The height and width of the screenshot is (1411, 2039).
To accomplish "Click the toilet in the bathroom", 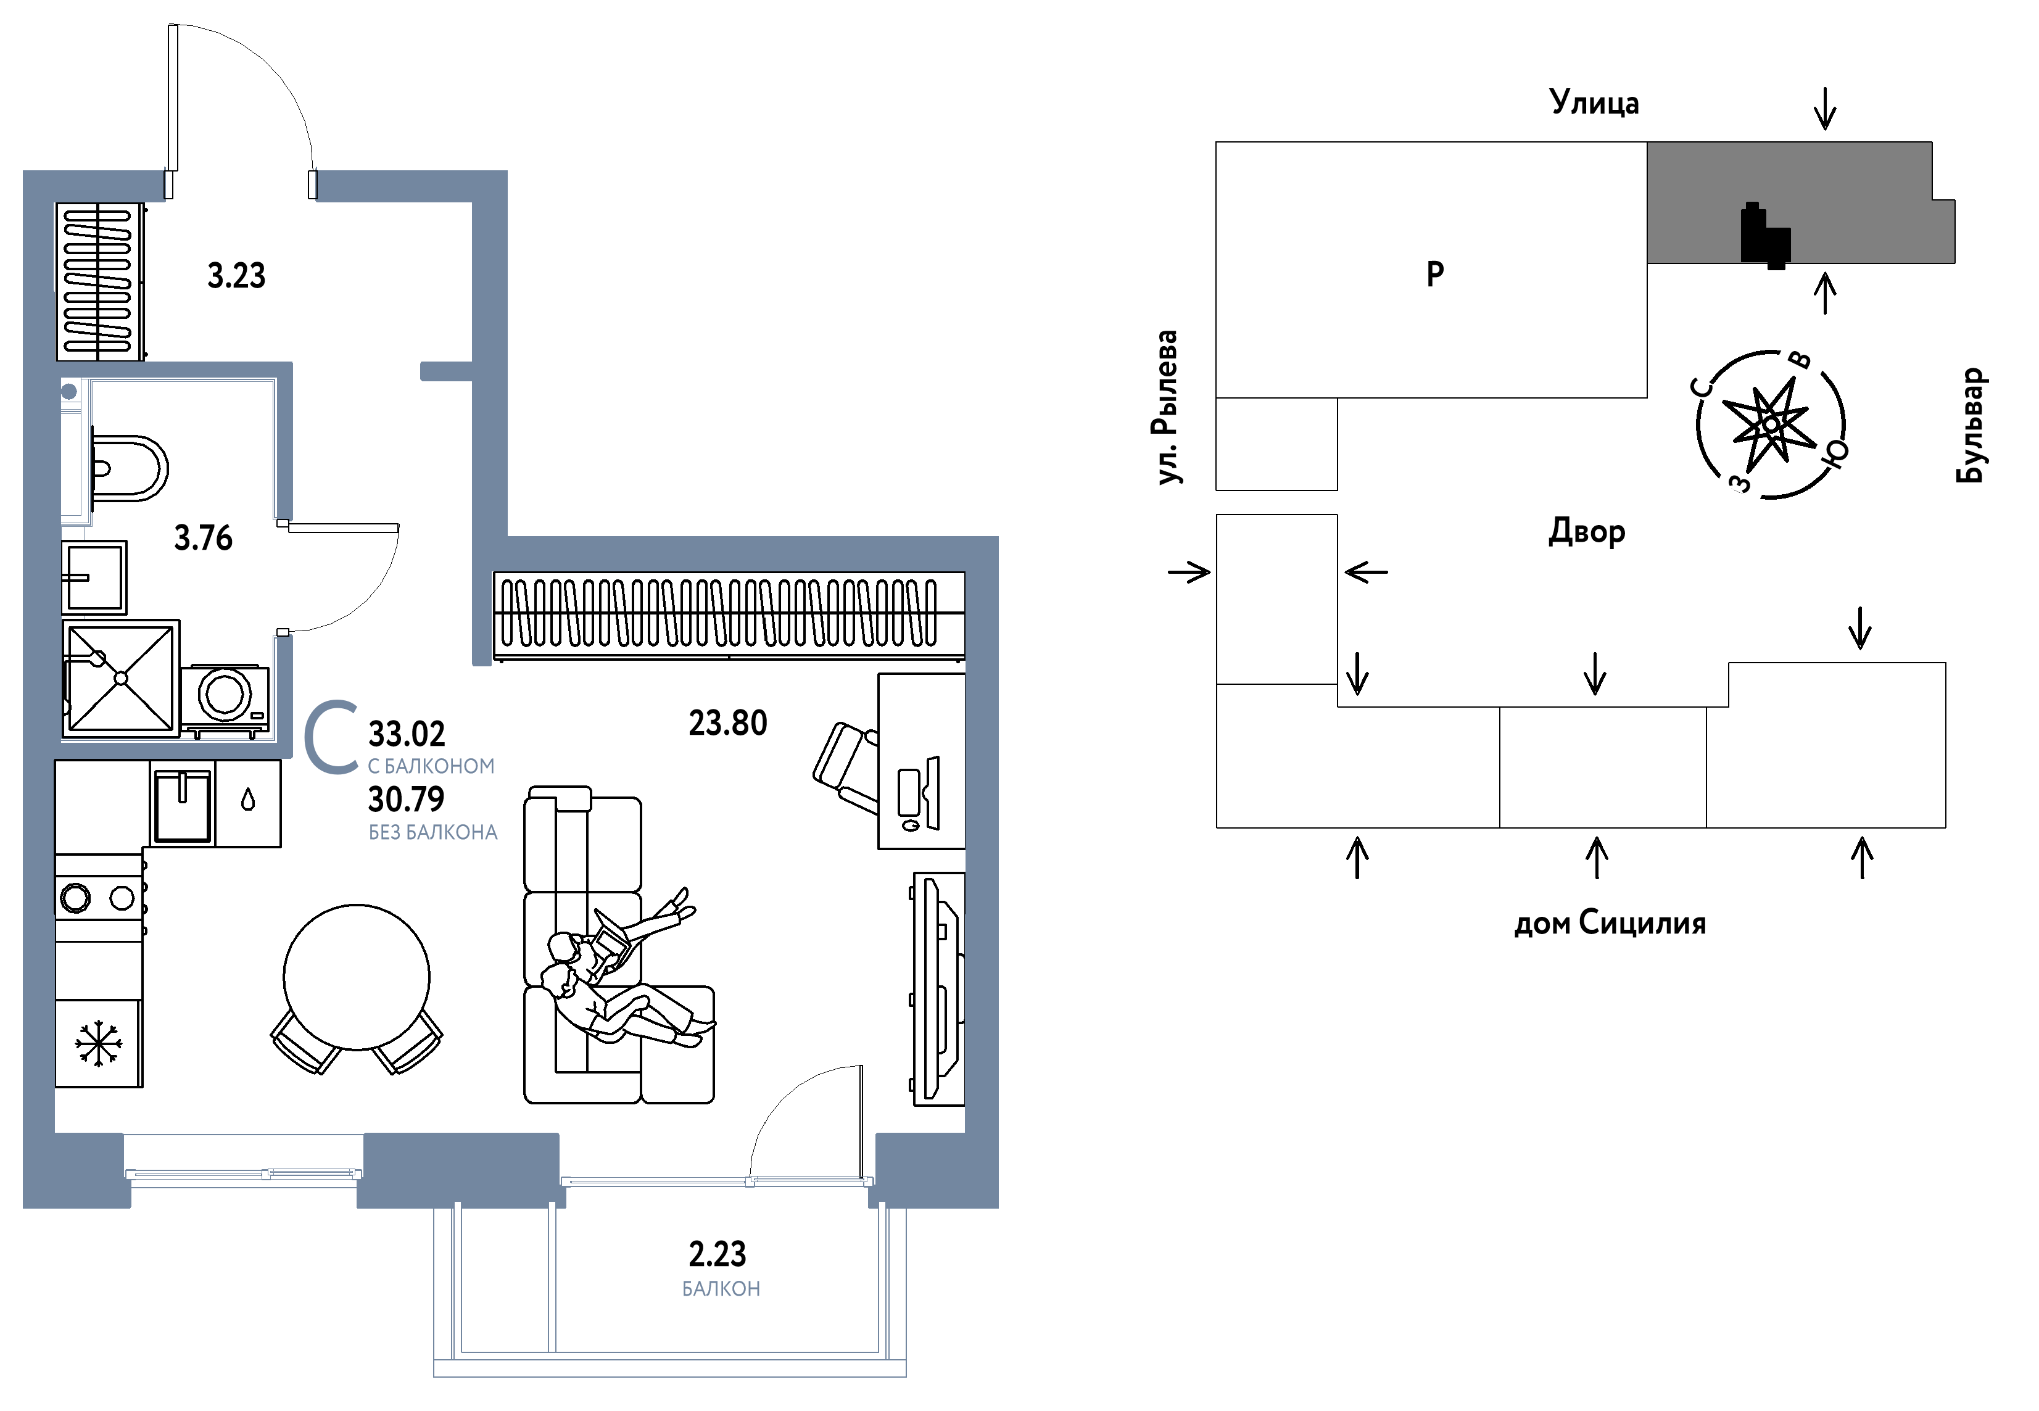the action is pyautogui.click(x=129, y=468).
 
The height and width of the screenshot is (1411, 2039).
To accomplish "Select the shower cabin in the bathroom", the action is pyautogui.click(x=121, y=678).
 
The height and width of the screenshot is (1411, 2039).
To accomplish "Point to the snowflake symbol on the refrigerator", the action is pyautogui.click(x=98, y=1043).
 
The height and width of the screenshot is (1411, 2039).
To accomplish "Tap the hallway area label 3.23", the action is pyautogui.click(x=236, y=276).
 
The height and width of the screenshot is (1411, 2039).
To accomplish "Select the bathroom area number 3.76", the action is pyautogui.click(x=203, y=537).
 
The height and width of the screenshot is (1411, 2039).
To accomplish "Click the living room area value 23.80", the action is pyautogui.click(x=727, y=723).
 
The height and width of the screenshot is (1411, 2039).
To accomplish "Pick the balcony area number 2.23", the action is pyautogui.click(x=717, y=1254).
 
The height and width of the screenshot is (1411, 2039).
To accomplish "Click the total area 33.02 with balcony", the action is pyautogui.click(x=407, y=734).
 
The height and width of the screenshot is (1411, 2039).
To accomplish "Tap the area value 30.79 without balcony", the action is pyautogui.click(x=407, y=799).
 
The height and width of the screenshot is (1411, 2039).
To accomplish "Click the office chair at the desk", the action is pyautogui.click(x=846, y=766).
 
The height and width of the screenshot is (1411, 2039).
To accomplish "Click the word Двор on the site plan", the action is pyautogui.click(x=1587, y=531).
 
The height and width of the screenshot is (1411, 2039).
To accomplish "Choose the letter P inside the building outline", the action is pyautogui.click(x=1436, y=273).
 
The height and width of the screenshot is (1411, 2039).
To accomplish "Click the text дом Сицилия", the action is pyautogui.click(x=1610, y=923).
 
